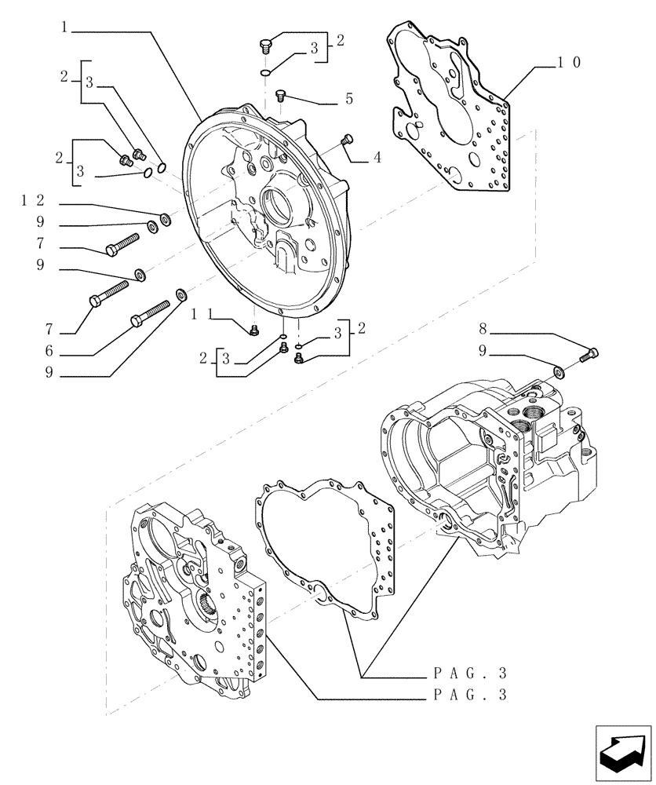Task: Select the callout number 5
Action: point(348,100)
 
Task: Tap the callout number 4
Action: point(377,157)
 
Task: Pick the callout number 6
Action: point(49,351)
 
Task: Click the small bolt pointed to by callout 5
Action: point(281,96)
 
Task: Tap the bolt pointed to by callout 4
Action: point(348,141)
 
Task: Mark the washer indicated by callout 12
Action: point(164,217)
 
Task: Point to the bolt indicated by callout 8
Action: point(589,354)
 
